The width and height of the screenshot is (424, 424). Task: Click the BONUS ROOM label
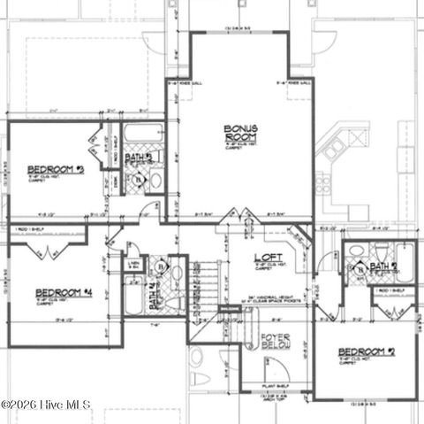coord(240,134)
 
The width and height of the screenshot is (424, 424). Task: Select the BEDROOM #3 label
coord(55,168)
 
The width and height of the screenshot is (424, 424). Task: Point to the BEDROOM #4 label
coord(64,292)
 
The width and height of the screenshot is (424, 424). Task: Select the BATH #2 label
coord(383,266)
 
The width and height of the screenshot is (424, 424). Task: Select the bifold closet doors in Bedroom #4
coord(42,251)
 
